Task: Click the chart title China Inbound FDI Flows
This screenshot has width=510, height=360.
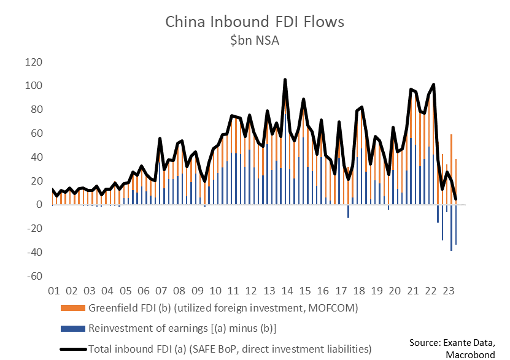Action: pos(255,22)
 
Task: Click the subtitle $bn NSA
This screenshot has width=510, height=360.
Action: pos(255,40)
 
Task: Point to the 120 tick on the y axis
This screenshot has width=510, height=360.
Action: pos(33,63)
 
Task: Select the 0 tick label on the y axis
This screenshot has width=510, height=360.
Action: pos(38,205)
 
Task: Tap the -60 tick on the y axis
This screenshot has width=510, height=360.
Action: pos(33,276)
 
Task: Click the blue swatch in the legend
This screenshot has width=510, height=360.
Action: pos(73,328)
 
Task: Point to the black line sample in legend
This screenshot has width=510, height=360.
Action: pos(73,349)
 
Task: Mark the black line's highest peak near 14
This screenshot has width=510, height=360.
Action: pos(285,80)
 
